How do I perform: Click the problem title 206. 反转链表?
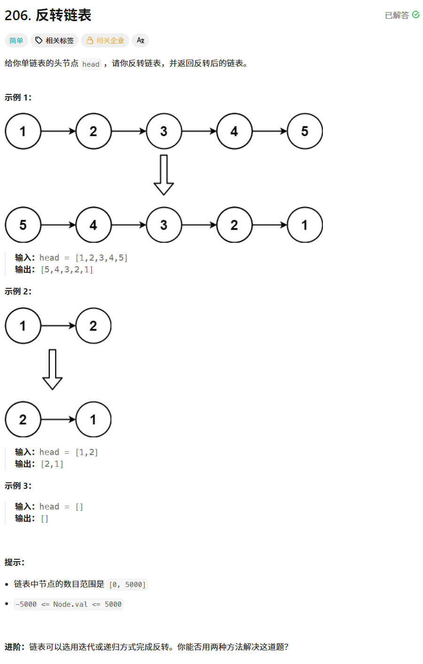click(48, 15)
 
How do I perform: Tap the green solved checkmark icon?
click(416, 15)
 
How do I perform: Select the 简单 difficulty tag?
click(16, 41)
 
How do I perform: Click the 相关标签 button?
click(55, 41)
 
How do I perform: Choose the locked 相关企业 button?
click(105, 41)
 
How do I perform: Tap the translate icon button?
click(140, 41)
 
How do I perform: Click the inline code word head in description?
click(91, 64)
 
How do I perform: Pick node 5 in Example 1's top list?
click(305, 131)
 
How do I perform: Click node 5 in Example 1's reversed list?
click(23, 225)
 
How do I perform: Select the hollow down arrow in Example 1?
click(164, 175)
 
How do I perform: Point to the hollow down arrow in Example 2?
click(52, 369)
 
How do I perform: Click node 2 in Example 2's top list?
click(93, 326)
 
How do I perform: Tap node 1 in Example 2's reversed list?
click(93, 420)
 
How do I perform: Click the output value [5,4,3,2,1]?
click(67, 270)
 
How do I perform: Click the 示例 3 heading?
click(18, 486)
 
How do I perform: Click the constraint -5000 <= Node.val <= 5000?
click(69, 604)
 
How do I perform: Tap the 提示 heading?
click(14, 563)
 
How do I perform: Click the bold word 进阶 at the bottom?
click(14, 647)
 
